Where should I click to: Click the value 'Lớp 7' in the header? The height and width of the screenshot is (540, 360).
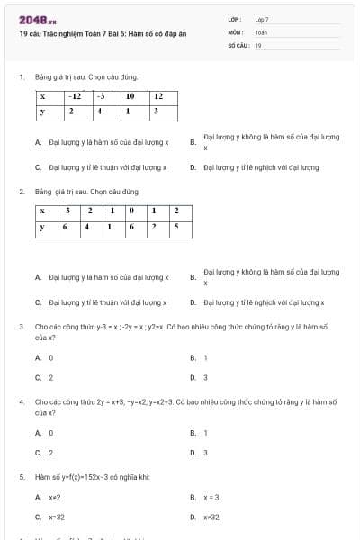[x=262, y=19]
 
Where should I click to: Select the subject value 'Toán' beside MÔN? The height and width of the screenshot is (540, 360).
[x=261, y=31]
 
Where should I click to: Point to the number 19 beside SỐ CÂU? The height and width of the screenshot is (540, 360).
[x=258, y=44]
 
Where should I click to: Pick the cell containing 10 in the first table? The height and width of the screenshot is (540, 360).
[x=130, y=95]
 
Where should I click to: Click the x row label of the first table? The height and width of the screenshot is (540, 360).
[x=43, y=95]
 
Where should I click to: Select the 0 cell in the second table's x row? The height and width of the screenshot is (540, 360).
[x=131, y=211]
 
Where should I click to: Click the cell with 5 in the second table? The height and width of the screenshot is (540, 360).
[x=176, y=227]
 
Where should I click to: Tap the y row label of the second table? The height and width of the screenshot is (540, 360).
[x=42, y=227]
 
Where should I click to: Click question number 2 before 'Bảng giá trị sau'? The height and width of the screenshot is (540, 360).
[x=22, y=192]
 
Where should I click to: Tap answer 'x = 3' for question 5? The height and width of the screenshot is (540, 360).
[x=211, y=497]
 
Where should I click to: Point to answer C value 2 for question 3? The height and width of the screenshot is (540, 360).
[x=50, y=378]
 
